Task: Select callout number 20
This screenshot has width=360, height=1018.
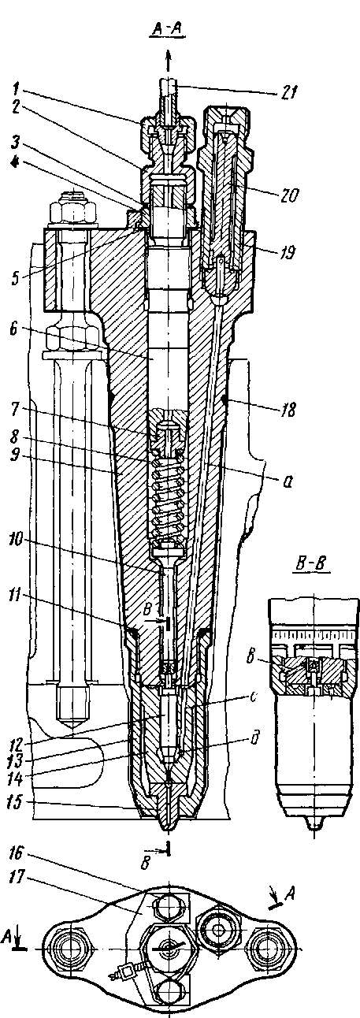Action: pyautogui.click(x=288, y=195)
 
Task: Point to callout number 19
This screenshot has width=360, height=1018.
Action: pyautogui.click(x=287, y=251)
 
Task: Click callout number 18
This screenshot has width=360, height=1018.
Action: pyautogui.click(x=288, y=410)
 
